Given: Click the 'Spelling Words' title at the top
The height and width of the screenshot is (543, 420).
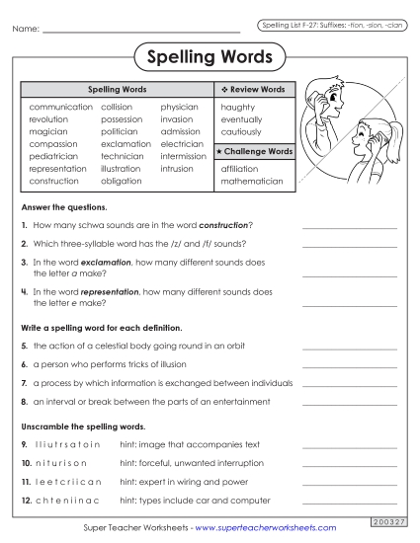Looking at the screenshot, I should (x=210, y=57).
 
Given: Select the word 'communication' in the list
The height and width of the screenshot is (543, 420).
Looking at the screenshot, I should (x=61, y=106).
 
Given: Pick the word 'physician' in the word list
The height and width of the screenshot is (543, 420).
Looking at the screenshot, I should (x=179, y=106).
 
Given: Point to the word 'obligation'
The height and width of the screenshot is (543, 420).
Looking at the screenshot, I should (x=122, y=182).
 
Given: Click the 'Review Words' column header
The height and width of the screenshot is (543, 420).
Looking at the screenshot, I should (x=254, y=89).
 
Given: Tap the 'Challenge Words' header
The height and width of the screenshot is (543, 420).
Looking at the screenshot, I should (x=254, y=151).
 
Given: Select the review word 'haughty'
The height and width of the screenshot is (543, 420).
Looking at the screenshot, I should (x=238, y=106).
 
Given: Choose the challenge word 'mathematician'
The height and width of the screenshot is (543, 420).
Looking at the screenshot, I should (x=252, y=182).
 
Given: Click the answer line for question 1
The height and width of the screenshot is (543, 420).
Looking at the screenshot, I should (x=349, y=227).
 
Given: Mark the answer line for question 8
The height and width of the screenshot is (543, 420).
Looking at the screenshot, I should (x=349, y=403).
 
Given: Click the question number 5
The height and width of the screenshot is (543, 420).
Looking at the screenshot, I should (x=24, y=347).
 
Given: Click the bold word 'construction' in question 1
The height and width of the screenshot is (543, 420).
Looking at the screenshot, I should (x=218, y=225).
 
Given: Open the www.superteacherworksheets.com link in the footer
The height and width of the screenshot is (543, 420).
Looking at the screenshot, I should (x=260, y=528).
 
